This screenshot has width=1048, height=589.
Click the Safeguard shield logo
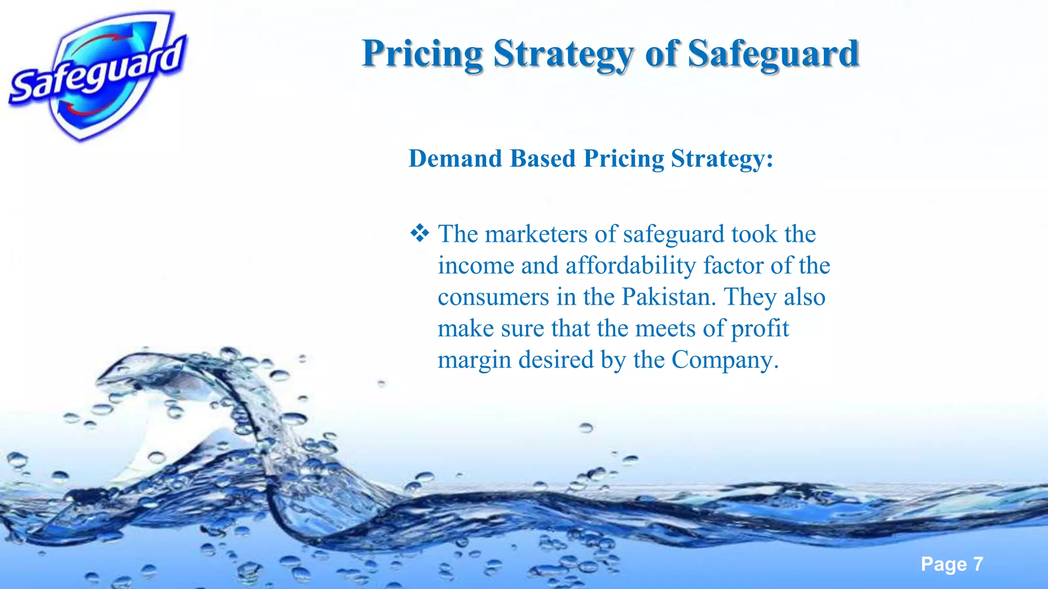tap(97, 77)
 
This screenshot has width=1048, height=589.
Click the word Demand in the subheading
tap(455, 158)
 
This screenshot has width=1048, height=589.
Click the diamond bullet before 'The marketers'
tap(420, 234)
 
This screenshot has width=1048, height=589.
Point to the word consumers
tap(493, 297)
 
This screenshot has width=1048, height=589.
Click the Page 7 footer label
tap(951, 564)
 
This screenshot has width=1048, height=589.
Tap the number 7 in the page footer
tap(978, 564)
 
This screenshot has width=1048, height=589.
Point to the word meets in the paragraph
tap(665, 329)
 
